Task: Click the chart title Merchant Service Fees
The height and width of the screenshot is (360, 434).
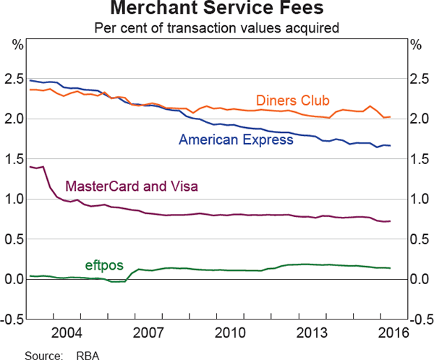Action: click(x=217, y=11)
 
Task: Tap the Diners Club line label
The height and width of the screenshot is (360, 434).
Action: click(x=293, y=100)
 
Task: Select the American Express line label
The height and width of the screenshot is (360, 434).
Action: click(x=236, y=140)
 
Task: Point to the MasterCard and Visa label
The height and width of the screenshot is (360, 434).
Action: click(x=132, y=187)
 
